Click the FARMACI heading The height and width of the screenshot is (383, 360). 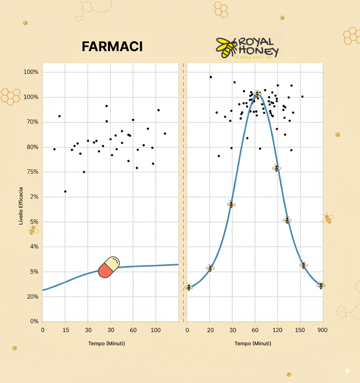pos(112,46)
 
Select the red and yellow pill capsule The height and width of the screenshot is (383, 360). pos(109,267)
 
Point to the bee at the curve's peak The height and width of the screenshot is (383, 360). pos(257,94)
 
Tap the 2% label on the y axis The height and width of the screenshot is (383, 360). pos(34,197)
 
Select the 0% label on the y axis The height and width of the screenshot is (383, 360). pos(34,321)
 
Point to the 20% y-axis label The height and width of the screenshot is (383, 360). pos(32,297)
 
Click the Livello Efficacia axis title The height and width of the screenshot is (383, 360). pos(21,206)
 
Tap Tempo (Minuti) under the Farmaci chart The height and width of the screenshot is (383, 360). pos(106,343)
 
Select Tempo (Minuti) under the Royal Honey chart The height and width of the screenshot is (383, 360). pos(253,343)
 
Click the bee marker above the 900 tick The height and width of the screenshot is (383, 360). pos(321,286)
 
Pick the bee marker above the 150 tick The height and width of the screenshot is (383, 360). pos(303,265)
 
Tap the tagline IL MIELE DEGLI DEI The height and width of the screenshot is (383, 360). pos(253,58)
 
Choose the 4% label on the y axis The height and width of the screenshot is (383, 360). pos(34,247)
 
